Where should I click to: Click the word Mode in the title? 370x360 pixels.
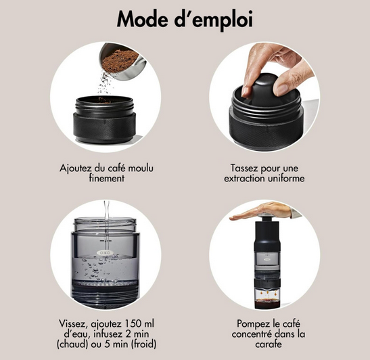click(x=143, y=19)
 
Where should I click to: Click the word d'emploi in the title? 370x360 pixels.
click(x=214, y=21)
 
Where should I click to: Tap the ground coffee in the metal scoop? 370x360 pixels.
click(x=120, y=61)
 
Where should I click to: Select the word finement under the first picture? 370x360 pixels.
click(x=107, y=178)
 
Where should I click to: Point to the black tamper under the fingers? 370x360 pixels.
click(x=259, y=90)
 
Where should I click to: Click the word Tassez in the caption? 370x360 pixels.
click(x=244, y=168)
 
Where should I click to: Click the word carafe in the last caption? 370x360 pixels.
click(x=269, y=344)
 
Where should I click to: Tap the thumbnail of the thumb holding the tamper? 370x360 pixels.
click(x=282, y=89)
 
